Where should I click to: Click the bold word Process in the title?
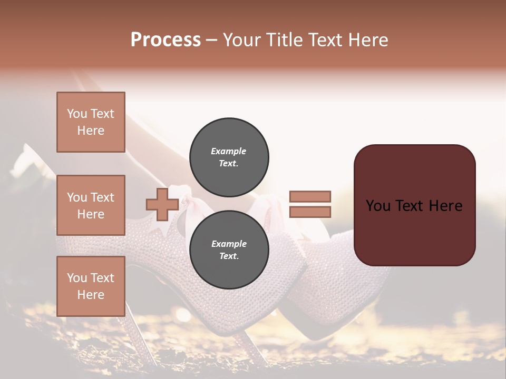click(x=166, y=40)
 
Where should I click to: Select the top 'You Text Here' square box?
click(x=91, y=122)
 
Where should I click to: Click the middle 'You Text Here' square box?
click(x=91, y=205)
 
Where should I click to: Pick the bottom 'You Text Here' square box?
click(x=91, y=286)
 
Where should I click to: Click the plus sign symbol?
click(x=162, y=205)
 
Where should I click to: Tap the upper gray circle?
click(x=229, y=157)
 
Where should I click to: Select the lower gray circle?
click(x=229, y=250)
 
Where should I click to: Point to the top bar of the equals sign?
click(x=310, y=197)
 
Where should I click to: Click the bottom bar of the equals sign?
click(x=310, y=212)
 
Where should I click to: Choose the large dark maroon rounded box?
click(x=414, y=205)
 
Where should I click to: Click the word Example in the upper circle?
click(x=229, y=151)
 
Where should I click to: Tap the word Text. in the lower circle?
click(x=229, y=256)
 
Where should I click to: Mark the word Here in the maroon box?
click(x=445, y=205)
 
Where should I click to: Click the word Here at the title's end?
click(x=369, y=40)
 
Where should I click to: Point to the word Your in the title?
click(x=241, y=40)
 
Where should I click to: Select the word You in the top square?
click(x=77, y=114)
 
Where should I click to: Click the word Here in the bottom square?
click(x=91, y=295)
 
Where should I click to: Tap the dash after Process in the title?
click(x=211, y=41)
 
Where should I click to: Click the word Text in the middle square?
click(x=102, y=197)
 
